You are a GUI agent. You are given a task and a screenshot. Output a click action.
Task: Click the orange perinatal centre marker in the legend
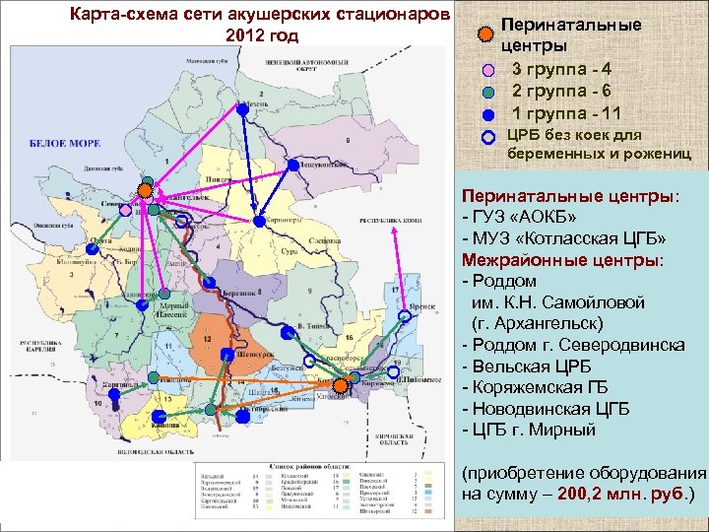[x=484, y=34]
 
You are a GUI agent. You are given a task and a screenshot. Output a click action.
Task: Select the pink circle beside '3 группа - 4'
[x=490, y=71]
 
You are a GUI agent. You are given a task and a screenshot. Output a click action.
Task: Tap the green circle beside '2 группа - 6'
[x=490, y=93]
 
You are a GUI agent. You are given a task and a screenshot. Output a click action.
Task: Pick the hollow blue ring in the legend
[x=490, y=138]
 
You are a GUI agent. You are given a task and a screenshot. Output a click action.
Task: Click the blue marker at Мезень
[x=242, y=110]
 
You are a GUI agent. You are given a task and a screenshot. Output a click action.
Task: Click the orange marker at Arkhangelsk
[x=145, y=189]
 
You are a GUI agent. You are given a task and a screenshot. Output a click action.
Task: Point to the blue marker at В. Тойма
[x=287, y=333]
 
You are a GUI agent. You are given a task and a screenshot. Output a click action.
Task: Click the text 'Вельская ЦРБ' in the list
[x=528, y=366]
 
